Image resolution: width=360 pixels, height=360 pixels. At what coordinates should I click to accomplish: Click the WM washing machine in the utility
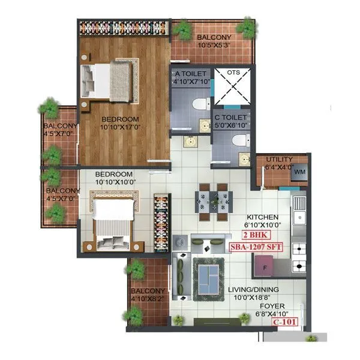click(x=299, y=173)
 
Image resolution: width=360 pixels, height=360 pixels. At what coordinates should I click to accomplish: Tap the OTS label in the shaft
click(x=233, y=73)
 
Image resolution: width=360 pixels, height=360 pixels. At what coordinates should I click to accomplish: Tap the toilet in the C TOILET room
click(x=239, y=141)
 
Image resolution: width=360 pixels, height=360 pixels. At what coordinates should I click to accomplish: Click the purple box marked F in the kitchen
click(x=265, y=263)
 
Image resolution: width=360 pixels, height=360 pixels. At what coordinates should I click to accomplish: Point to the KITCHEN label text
click(x=263, y=217)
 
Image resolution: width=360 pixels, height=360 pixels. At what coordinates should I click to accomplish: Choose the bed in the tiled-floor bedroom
click(x=113, y=220)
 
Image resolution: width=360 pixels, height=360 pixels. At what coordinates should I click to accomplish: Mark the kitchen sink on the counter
click(x=299, y=217)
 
